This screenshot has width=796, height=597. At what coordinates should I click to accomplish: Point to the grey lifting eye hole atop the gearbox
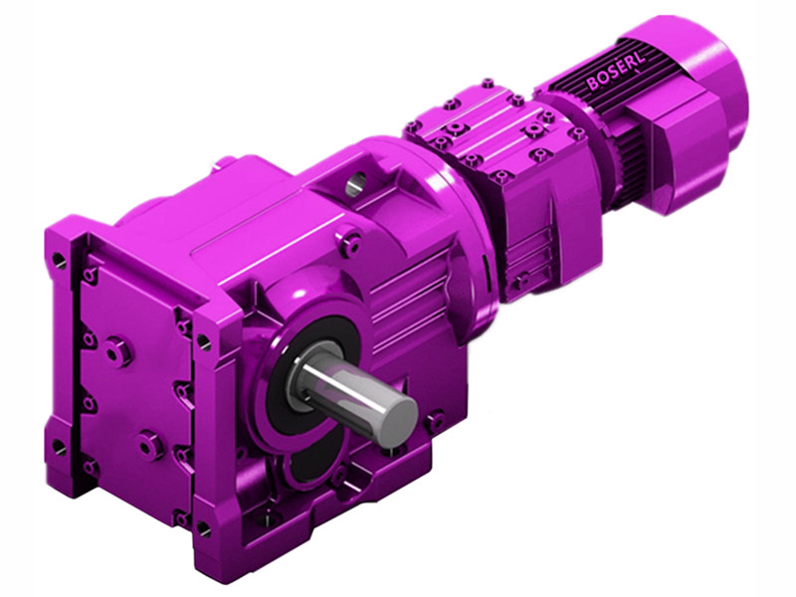[x=357, y=183]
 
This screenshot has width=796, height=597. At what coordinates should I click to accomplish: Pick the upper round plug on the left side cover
[x=116, y=350]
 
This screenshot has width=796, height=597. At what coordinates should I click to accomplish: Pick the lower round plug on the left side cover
[x=151, y=444]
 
